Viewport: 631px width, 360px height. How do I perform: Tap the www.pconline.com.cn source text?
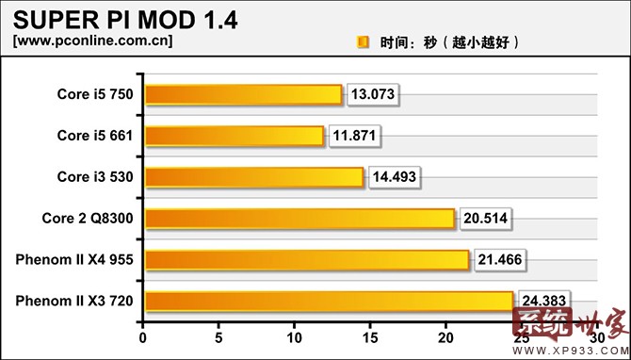point(92,41)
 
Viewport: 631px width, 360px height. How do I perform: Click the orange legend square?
point(363,42)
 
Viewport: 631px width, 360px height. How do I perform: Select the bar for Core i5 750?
point(242,94)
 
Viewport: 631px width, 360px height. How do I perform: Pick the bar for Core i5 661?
point(234,136)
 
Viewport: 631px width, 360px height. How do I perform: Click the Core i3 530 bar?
point(252,177)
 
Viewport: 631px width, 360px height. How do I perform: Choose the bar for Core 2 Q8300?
point(299,219)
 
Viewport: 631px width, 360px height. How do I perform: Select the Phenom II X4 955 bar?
point(305,260)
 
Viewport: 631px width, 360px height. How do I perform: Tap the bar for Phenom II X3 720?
point(328,302)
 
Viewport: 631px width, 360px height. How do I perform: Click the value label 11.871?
point(356,136)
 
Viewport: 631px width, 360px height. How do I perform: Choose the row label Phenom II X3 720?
point(74,302)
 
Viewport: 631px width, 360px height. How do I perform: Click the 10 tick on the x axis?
point(294,336)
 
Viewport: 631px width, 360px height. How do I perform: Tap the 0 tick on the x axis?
point(143,336)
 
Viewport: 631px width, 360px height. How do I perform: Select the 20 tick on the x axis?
point(445,336)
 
